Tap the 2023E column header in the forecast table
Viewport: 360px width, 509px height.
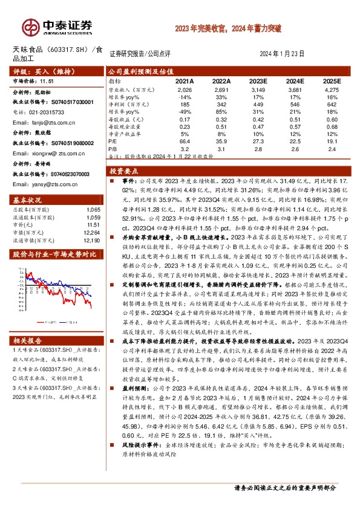coord(258,80)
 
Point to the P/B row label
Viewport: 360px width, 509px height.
coord(114,148)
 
